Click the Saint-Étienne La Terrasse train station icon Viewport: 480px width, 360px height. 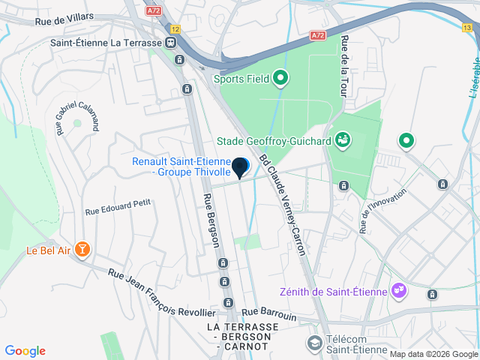coord(172,43)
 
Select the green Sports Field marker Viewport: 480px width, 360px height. coord(280,77)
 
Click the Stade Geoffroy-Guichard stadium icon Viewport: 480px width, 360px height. coord(343,139)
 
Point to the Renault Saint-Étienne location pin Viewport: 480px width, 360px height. coord(240,167)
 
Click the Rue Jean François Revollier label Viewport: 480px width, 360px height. coord(161,293)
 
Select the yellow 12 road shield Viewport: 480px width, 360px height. coord(175,28)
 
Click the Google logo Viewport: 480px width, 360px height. coord(25,351)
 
